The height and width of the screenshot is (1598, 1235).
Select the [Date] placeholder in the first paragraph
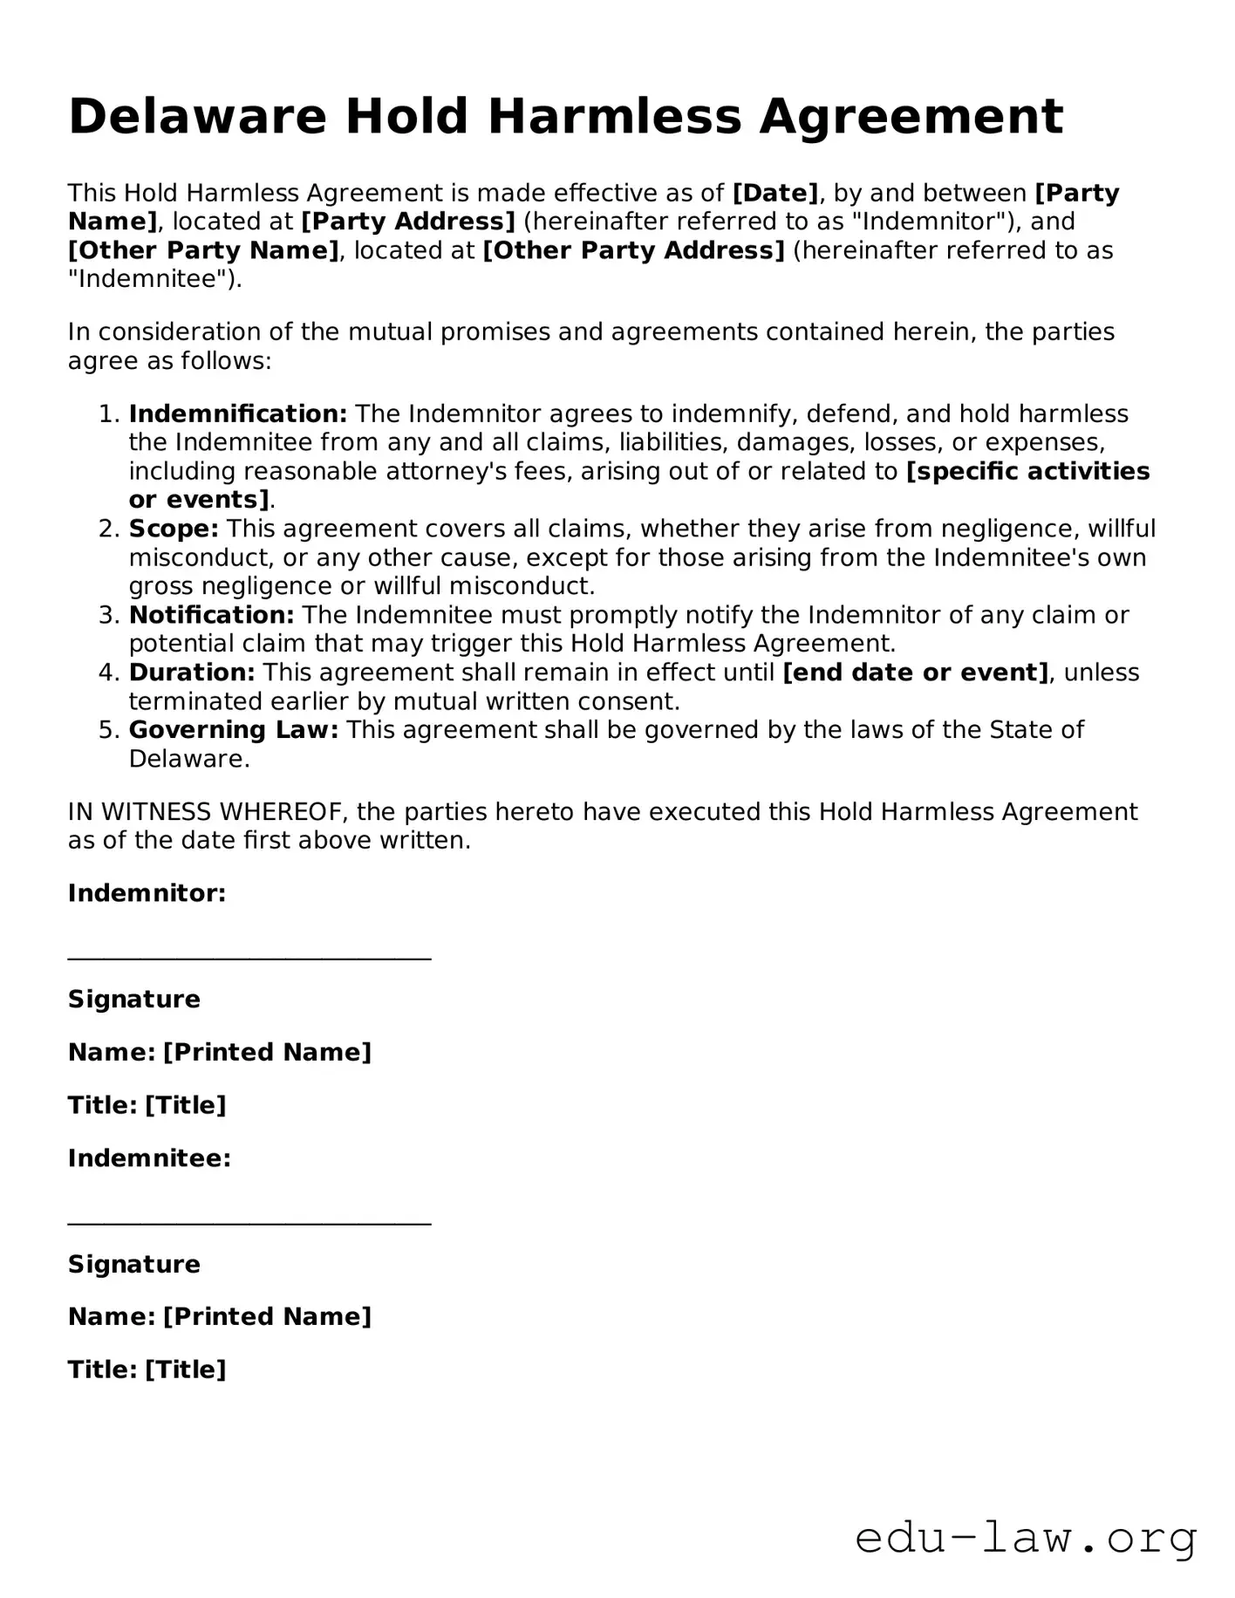click(x=775, y=193)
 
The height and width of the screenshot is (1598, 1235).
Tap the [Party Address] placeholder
click(x=408, y=222)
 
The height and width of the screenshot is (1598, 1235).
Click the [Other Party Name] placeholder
click(x=203, y=251)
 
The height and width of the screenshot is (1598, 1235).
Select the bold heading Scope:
click(x=174, y=529)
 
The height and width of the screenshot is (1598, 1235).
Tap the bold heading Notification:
click(x=212, y=615)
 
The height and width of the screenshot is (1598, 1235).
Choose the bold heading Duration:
click(x=192, y=673)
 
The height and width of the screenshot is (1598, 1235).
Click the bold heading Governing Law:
click(x=234, y=730)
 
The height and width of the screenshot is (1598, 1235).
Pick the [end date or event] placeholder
click(x=916, y=673)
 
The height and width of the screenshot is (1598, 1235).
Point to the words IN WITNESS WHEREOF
click(x=208, y=812)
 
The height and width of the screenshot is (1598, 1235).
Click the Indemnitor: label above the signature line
click(x=147, y=893)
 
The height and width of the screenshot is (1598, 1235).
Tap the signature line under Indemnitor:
click(x=249, y=959)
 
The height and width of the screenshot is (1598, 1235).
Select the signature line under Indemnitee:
click(x=249, y=1224)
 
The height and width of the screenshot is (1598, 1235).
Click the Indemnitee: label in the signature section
click(x=149, y=1158)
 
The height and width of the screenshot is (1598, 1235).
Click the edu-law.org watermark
click(x=1026, y=1538)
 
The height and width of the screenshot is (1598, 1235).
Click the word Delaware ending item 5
click(x=188, y=759)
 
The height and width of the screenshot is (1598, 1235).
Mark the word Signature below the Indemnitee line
click(x=134, y=1264)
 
